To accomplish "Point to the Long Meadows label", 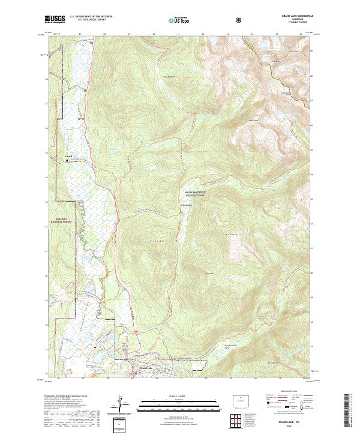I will pos(171,77).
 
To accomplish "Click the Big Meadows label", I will pos(187,205).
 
